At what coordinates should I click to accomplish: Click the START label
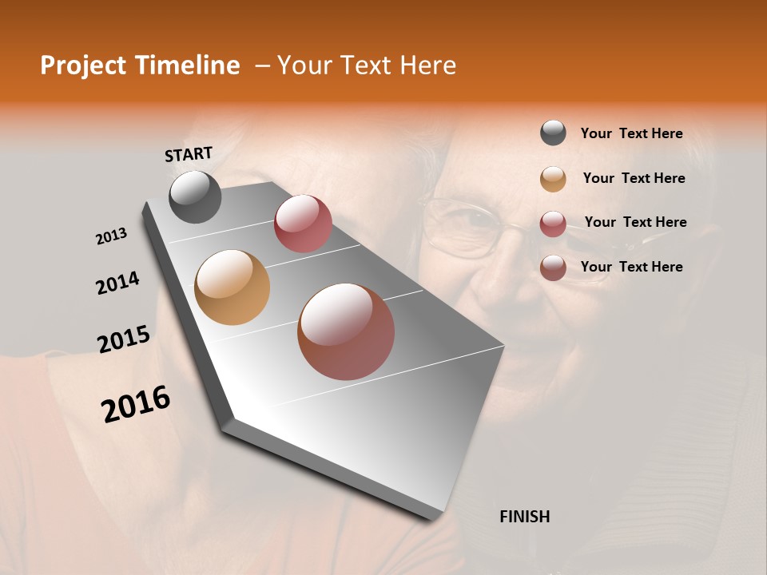pyautogui.click(x=189, y=154)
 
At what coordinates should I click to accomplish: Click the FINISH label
pyautogui.click(x=524, y=517)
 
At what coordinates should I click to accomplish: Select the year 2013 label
pyautogui.click(x=112, y=236)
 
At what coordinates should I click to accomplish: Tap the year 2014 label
pyautogui.click(x=117, y=283)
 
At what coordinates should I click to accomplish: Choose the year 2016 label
pyautogui.click(x=136, y=403)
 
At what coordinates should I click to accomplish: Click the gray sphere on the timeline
pyautogui.click(x=195, y=196)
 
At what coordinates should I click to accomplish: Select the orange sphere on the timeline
pyautogui.click(x=232, y=287)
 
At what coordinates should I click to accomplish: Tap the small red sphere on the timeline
pyautogui.click(x=303, y=224)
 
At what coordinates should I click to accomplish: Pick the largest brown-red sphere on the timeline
pyautogui.click(x=346, y=331)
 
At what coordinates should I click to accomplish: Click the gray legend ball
pyautogui.click(x=553, y=133)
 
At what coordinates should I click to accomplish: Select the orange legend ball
pyautogui.click(x=553, y=179)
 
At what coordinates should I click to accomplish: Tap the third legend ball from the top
pyautogui.click(x=553, y=224)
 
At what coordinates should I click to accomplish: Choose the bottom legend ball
pyautogui.click(x=553, y=268)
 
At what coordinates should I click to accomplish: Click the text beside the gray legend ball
pyautogui.click(x=631, y=134)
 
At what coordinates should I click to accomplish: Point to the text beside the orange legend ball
pyautogui.click(x=634, y=179)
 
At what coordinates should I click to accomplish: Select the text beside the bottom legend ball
pyautogui.click(x=631, y=267)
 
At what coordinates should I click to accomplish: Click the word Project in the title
pyautogui.click(x=82, y=66)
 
